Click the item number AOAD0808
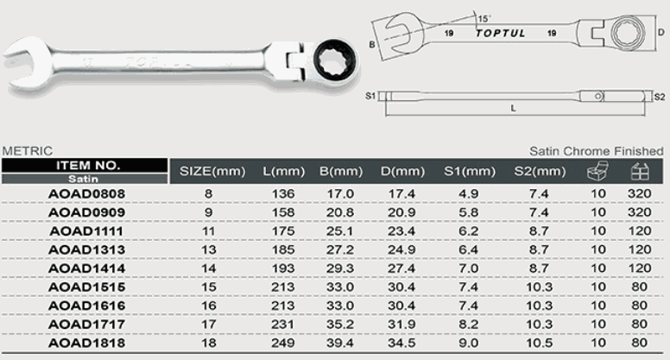86,194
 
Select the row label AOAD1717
86,325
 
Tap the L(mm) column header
284,172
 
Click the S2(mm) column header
540,172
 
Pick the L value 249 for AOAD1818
283,343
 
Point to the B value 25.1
340,231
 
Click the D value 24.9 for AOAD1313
401,249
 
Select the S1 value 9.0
468,343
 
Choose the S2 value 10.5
540,343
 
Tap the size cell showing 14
209,268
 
